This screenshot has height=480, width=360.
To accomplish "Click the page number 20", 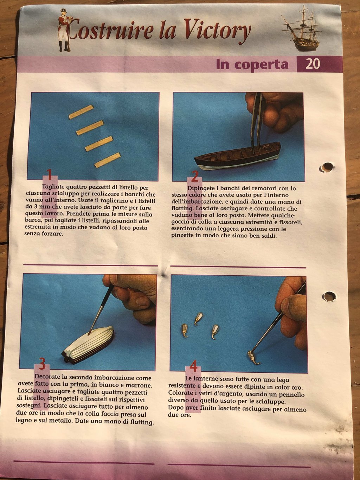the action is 313,64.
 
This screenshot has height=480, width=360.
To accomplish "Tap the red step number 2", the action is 194,176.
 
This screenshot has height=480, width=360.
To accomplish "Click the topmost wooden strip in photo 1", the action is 81,112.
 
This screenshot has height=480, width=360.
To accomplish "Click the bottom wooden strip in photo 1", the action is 108,160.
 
